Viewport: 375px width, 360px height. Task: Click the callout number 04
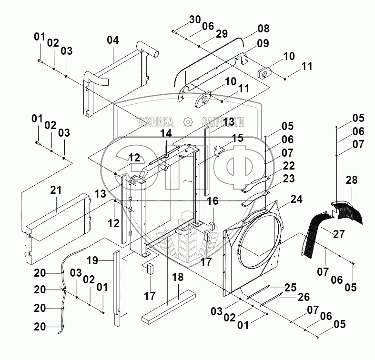point(112,40)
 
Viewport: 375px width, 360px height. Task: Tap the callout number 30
point(194,19)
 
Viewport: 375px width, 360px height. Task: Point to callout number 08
point(264,28)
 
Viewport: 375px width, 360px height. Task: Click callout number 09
point(263,43)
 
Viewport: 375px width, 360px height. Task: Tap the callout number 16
point(213,201)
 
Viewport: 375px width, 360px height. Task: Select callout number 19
point(92,260)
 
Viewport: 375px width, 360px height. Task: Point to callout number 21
point(56,191)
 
